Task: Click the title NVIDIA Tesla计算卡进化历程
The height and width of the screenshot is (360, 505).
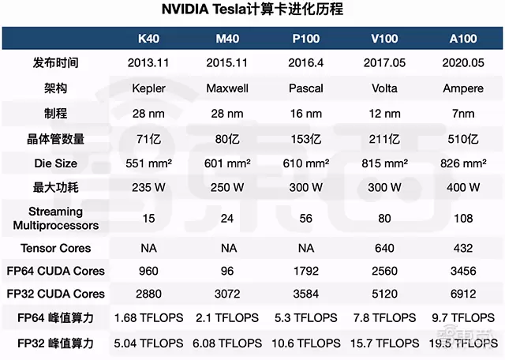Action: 252,10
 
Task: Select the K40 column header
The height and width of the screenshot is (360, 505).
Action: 148,39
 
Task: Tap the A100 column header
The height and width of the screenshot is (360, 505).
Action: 462,39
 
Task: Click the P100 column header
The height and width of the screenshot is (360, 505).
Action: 305,39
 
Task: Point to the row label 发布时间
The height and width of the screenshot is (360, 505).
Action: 56,62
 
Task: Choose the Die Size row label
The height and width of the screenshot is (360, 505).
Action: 56,164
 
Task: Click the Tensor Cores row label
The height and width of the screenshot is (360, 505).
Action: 56,248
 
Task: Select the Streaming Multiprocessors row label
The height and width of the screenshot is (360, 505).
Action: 56,219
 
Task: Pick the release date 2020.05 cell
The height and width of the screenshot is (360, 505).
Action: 462,62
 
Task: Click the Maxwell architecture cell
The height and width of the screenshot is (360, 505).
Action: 227,88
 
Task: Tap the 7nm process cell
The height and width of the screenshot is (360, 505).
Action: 462,114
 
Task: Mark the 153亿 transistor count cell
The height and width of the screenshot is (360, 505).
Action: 305,139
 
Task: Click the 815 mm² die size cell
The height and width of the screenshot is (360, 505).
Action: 383,164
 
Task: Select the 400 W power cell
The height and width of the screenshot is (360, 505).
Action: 462,189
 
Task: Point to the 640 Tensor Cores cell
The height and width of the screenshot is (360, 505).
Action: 383,248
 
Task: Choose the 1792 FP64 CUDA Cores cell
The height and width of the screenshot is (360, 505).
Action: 305,271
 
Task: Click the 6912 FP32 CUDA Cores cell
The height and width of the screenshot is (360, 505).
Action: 462,294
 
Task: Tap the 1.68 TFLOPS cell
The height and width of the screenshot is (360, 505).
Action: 148,318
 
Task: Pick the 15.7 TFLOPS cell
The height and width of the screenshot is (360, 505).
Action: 383,343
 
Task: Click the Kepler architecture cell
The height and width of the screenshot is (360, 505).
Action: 148,88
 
